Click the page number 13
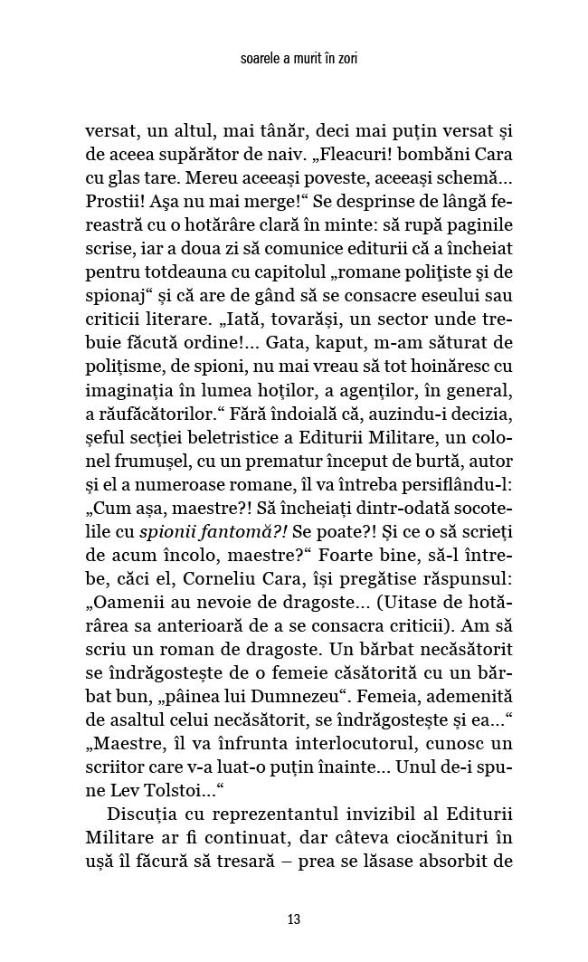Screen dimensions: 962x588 coord(293,919)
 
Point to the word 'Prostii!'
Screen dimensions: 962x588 coord(116,200)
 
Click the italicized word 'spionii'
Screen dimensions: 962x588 coord(204,529)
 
